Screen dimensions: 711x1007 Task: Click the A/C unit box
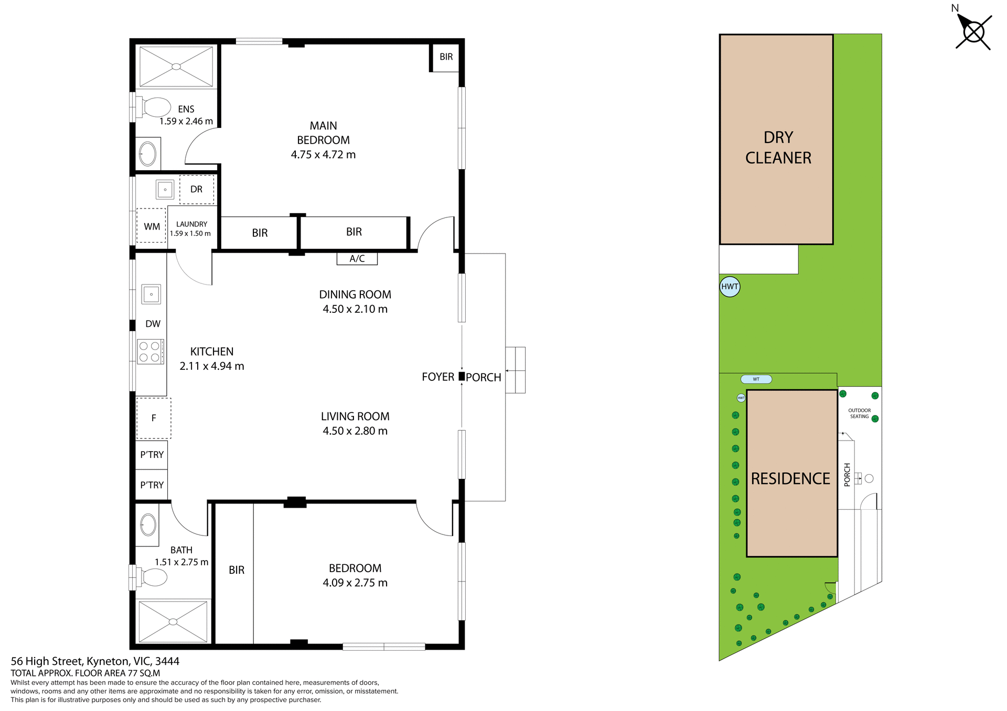(x=357, y=258)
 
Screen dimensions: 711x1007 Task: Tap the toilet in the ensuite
(x=155, y=107)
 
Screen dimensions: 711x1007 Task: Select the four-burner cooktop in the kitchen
(x=151, y=352)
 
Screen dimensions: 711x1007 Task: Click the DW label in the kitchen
(x=153, y=324)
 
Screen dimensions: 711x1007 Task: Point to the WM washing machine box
(x=152, y=226)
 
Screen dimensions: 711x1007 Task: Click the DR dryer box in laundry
(x=197, y=189)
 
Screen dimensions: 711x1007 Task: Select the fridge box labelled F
(x=154, y=418)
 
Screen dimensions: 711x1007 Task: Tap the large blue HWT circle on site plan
(x=730, y=287)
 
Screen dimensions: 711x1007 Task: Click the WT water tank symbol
(x=756, y=379)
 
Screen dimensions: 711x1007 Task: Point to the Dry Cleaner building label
(x=778, y=147)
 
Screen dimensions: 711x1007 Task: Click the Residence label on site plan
(x=790, y=478)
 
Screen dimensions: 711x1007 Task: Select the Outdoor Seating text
(x=859, y=413)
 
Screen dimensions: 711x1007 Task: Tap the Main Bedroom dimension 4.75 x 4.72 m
(x=323, y=155)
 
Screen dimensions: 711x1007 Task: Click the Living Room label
(x=355, y=417)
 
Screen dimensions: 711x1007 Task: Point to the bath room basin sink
(x=148, y=524)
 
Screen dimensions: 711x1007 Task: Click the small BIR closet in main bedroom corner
(x=446, y=57)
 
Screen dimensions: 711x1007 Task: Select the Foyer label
(x=437, y=377)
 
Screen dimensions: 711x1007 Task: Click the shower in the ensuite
(x=176, y=67)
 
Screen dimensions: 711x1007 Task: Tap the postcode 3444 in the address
(x=167, y=661)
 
